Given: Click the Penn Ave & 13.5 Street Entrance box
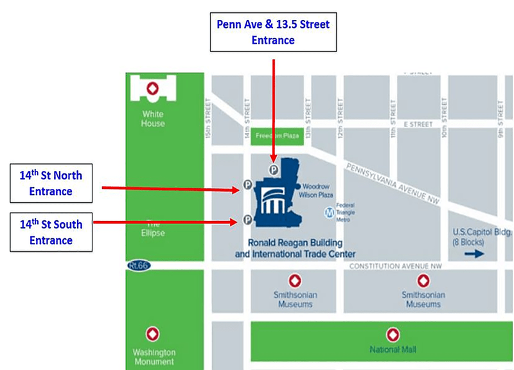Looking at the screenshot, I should tap(274, 31).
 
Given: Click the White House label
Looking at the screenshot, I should tap(153, 119).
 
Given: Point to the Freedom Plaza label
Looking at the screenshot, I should tap(274, 136).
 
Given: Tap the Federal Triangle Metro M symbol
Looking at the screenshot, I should tap(330, 210).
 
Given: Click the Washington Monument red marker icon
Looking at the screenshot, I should tap(154, 334).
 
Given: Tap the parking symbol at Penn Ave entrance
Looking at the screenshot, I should tap(274, 170).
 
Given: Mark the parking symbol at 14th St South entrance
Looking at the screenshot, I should tap(247, 220).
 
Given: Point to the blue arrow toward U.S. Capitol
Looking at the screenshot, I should tap(475, 253).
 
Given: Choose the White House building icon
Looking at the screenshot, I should tap(153, 89).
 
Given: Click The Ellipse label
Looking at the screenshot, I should tap(153, 229).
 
